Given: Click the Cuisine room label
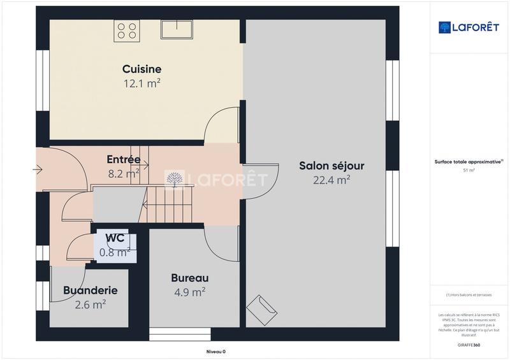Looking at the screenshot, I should pos(142,69).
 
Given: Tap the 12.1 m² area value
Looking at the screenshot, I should pos(142,83).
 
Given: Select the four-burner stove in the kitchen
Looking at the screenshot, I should pos(127,31).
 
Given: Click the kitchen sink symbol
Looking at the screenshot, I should pos(177,30).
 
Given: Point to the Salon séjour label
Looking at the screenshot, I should pos(331,166).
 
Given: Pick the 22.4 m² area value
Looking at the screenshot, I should pos(331,180).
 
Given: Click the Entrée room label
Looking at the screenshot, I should pos(124,159).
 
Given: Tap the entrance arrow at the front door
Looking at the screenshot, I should pos(38,169).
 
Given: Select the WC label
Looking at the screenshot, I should pos(115,238).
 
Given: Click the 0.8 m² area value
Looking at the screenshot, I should pos(115,252).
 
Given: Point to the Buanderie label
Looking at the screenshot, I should pos(90,291).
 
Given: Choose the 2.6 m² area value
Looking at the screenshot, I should pos(90,305).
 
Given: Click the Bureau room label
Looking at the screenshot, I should pos(189,278).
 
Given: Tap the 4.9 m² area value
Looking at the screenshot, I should pos(189,292).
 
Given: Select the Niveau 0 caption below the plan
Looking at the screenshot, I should pos(215,351).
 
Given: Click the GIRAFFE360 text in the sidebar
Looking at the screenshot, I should pos(470,345).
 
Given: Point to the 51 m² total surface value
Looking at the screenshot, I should pos(469,171).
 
